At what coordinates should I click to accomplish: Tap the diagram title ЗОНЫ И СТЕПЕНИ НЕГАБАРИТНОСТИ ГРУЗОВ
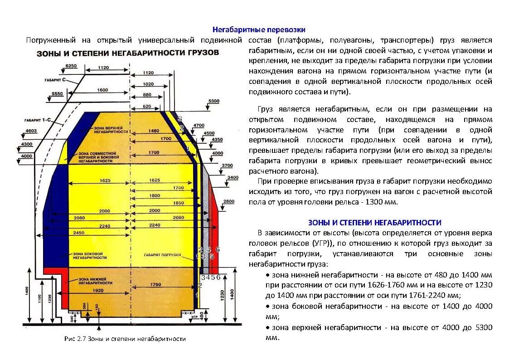(127, 53)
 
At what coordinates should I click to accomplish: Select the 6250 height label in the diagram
(71, 66)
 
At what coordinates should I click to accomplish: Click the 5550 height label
(57, 94)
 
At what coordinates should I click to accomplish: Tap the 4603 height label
(31, 131)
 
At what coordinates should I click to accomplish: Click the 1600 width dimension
(102, 90)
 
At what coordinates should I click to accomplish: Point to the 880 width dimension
(148, 95)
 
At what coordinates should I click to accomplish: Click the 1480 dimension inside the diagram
(154, 131)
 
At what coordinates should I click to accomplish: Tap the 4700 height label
(199, 125)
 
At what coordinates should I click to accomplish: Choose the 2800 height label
(229, 201)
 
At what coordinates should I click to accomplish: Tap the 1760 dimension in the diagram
(155, 285)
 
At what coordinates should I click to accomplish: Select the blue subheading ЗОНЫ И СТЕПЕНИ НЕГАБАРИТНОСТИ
(374, 223)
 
